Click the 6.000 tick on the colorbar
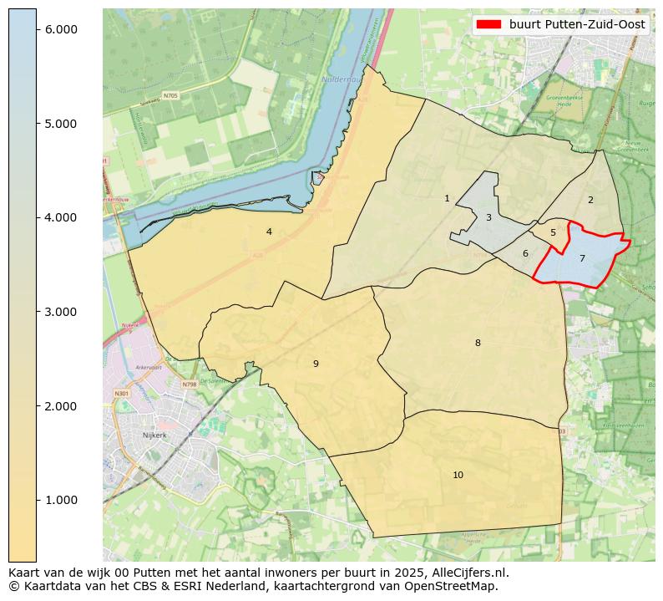pos(60,29)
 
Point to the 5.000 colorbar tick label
pos(60,124)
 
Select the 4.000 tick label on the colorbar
pos(60,217)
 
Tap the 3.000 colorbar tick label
pos(60,312)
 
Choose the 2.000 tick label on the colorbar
pos(60,406)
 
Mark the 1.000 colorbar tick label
pos(60,500)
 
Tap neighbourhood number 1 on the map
pos(447,198)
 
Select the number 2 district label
pos(590,200)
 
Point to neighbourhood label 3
pos(488,217)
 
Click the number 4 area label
pos(269,232)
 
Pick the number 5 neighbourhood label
pos(553,233)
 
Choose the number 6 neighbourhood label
pos(525,253)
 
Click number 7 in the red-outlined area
pos(582,258)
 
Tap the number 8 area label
pos(478,343)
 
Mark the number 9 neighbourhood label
pos(316,364)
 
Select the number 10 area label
pos(458,475)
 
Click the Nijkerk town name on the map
pos(155,435)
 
